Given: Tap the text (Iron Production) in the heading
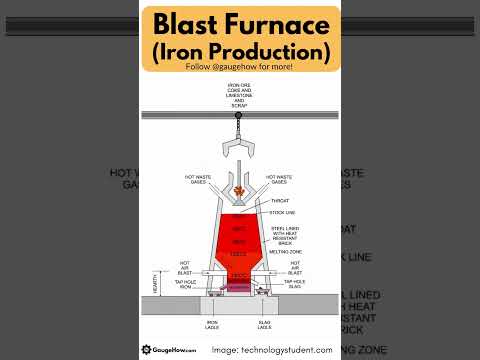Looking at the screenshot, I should click(x=239, y=48).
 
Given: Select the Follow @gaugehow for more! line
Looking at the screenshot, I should click(x=239, y=68).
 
